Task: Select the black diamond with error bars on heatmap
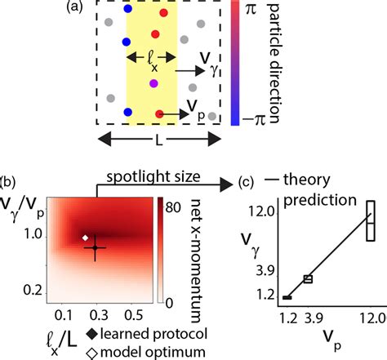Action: [95, 247]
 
